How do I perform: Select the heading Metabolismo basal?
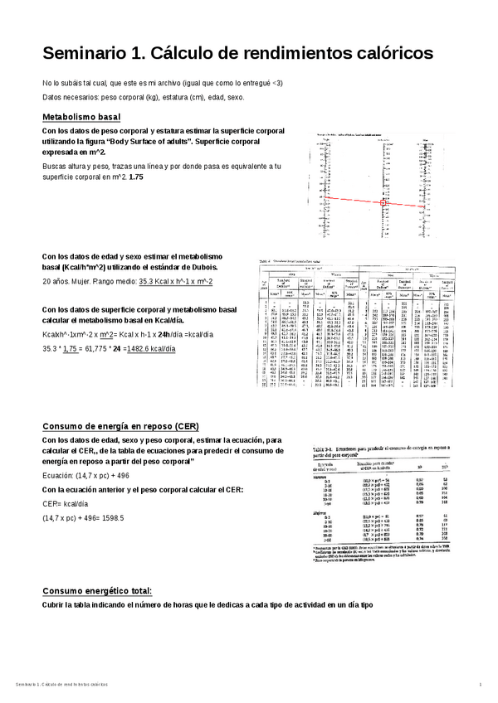pos(81,118)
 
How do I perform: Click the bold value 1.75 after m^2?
pos(136,178)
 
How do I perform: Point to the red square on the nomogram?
pos(383,201)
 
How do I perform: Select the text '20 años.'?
pos(57,282)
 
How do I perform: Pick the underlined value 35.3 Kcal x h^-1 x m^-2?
pos(175,282)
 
